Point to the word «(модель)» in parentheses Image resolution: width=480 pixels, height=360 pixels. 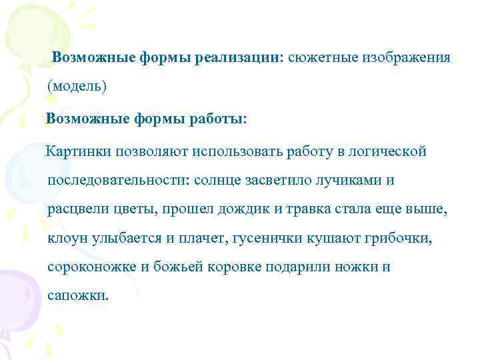coord(77,87)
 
